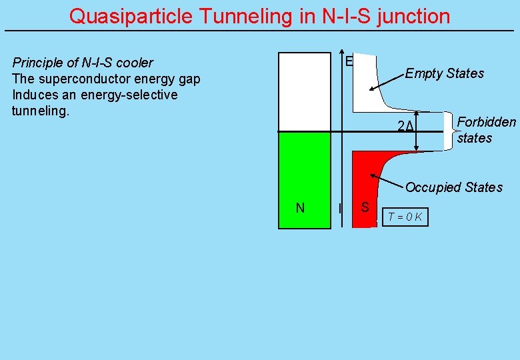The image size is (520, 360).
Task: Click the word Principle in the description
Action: [x=36, y=63]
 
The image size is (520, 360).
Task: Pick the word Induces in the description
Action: [x=33, y=95]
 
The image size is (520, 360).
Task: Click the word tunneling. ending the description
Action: [x=40, y=111]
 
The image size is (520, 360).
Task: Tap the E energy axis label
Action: [x=349, y=61]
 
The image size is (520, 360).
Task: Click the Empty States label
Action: [x=445, y=73]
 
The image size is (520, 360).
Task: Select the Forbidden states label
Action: [x=485, y=130]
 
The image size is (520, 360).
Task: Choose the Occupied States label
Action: [x=454, y=187]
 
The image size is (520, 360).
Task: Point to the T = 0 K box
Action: [x=405, y=217]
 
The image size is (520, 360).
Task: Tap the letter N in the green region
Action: [x=300, y=208]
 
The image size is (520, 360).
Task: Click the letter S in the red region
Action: [x=365, y=207]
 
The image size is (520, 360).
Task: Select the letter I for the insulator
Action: [x=340, y=209]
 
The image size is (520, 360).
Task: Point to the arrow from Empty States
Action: [x=387, y=81]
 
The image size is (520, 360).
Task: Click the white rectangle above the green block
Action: [x=304, y=92]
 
